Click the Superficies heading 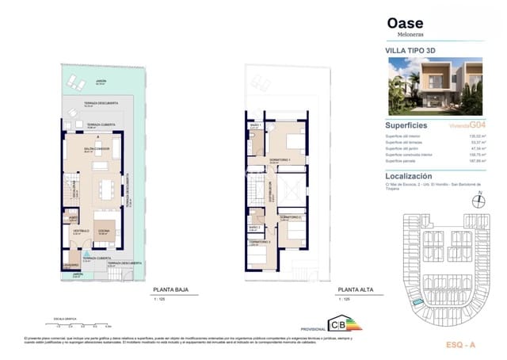(x=406, y=125)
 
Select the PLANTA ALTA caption (x=355, y=290)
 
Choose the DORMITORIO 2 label (x=291, y=216)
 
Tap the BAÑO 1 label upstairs (x=255, y=125)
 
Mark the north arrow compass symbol (x=475, y=198)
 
